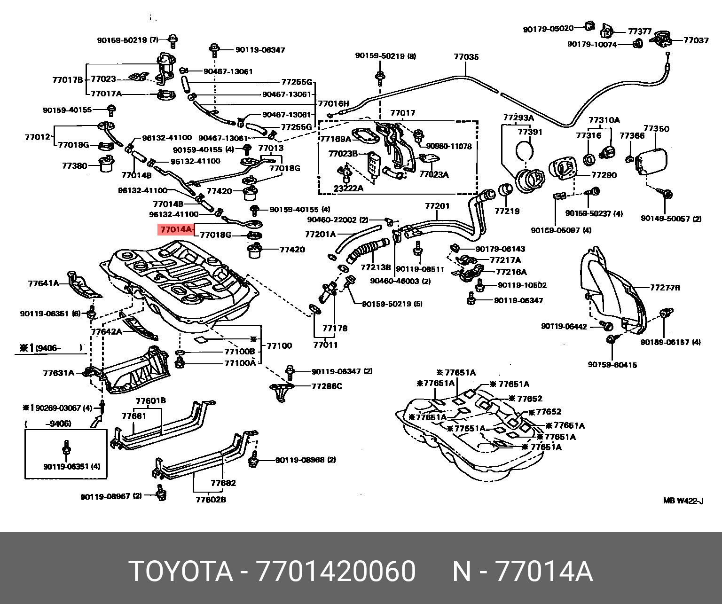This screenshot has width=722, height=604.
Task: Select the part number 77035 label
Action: click(466, 57)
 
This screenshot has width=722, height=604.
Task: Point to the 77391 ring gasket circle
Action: click(525, 150)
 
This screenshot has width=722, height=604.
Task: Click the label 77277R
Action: click(665, 287)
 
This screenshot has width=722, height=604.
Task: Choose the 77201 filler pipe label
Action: click(437, 206)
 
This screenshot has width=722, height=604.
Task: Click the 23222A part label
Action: click(348, 188)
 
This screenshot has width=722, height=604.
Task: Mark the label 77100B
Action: click(239, 352)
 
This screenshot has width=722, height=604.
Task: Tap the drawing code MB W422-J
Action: click(683, 501)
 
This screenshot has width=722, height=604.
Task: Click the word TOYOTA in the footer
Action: click(181, 572)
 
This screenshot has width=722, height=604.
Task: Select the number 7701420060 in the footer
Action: click(335, 572)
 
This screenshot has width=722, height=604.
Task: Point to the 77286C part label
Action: click(327, 386)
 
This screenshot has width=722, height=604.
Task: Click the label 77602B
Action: click(211, 499)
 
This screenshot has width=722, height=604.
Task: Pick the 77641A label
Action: click(43, 283)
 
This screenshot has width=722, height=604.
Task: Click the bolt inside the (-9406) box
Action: click(66, 449)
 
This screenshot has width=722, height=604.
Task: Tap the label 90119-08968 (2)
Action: click(306, 460)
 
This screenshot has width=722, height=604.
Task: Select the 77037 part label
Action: click(696, 40)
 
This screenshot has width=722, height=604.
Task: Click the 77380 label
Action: click(74, 165)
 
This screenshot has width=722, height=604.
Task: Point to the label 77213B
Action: click(376, 267)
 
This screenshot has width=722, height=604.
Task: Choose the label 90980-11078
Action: click(448, 146)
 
